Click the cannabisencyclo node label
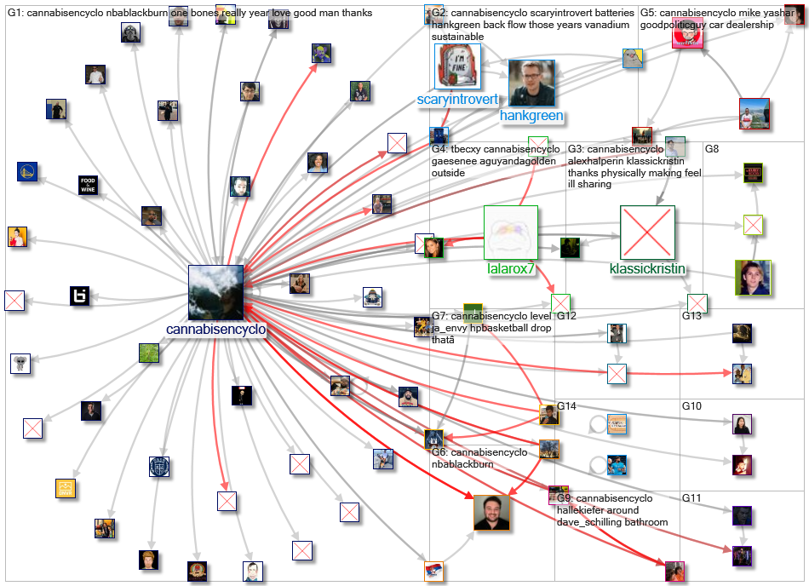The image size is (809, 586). [216, 330]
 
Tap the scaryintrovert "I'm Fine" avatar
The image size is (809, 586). [458, 66]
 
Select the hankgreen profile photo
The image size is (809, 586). [531, 83]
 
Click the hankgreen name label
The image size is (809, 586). [531, 115]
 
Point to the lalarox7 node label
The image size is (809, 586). [511, 269]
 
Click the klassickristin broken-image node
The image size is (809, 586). [647, 233]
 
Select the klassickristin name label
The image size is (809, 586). [647, 269]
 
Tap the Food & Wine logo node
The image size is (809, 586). [88, 185]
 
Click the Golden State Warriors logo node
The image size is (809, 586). [27, 172]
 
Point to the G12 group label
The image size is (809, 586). [566, 316]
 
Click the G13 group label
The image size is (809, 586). [691, 316]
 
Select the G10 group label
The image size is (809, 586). [691, 406]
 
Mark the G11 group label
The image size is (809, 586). [691, 497]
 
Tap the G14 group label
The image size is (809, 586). [567, 406]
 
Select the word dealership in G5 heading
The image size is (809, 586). [748, 26]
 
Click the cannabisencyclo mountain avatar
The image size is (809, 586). [215, 292]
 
